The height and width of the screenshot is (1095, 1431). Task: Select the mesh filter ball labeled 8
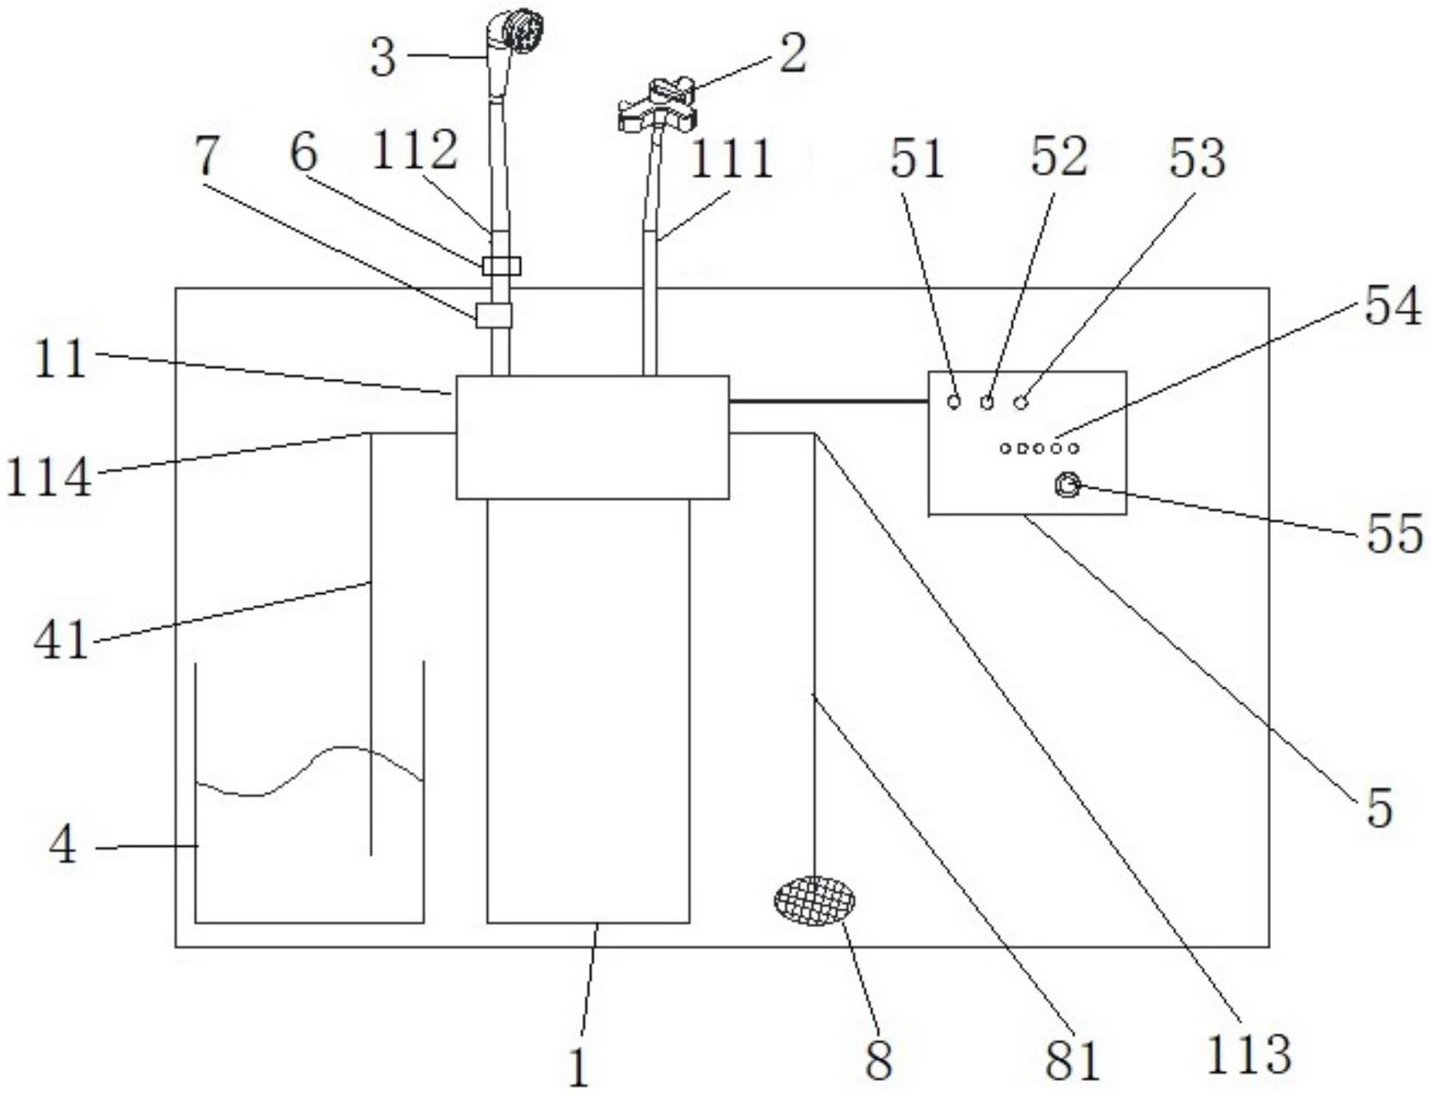click(813, 901)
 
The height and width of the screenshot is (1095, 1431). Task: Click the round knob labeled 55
click(1066, 486)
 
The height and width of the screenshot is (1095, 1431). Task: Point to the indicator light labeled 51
click(954, 402)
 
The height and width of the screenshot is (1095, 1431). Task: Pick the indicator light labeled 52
click(988, 402)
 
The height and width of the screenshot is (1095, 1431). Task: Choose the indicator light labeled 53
click(1020, 402)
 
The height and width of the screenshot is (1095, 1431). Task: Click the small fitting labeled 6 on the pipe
click(500, 266)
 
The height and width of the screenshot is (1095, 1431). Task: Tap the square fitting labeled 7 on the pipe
click(493, 315)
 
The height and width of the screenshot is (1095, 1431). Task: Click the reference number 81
click(1072, 1059)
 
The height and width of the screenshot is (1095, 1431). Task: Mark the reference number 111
click(732, 158)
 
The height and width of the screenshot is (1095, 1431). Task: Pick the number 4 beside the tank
click(62, 845)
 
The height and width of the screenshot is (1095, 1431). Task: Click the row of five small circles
click(1040, 448)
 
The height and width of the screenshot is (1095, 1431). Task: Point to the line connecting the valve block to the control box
click(828, 401)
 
